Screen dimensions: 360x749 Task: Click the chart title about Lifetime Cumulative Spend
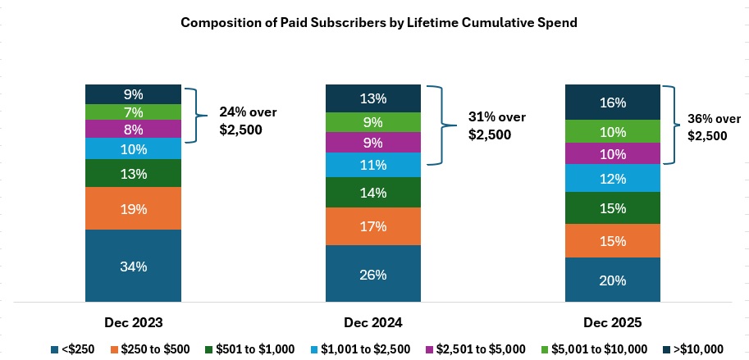tap(379, 23)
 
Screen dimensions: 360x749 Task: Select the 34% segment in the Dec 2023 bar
tap(134, 266)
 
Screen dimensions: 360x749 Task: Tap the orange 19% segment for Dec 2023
tap(134, 209)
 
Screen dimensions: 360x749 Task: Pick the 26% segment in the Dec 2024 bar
tap(372, 275)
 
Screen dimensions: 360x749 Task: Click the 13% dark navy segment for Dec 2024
tap(372, 98)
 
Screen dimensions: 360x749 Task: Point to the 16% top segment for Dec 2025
tap(612, 103)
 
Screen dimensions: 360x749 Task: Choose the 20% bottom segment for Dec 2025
tap(612, 280)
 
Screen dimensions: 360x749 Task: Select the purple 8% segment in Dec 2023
tap(134, 130)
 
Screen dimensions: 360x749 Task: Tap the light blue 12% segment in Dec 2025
tap(612, 178)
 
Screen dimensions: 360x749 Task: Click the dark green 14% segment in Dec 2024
tap(372, 193)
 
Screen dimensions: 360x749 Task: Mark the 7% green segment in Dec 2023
tap(134, 112)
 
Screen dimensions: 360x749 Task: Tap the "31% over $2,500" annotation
tap(491, 125)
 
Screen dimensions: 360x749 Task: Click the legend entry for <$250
tap(75, 349)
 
